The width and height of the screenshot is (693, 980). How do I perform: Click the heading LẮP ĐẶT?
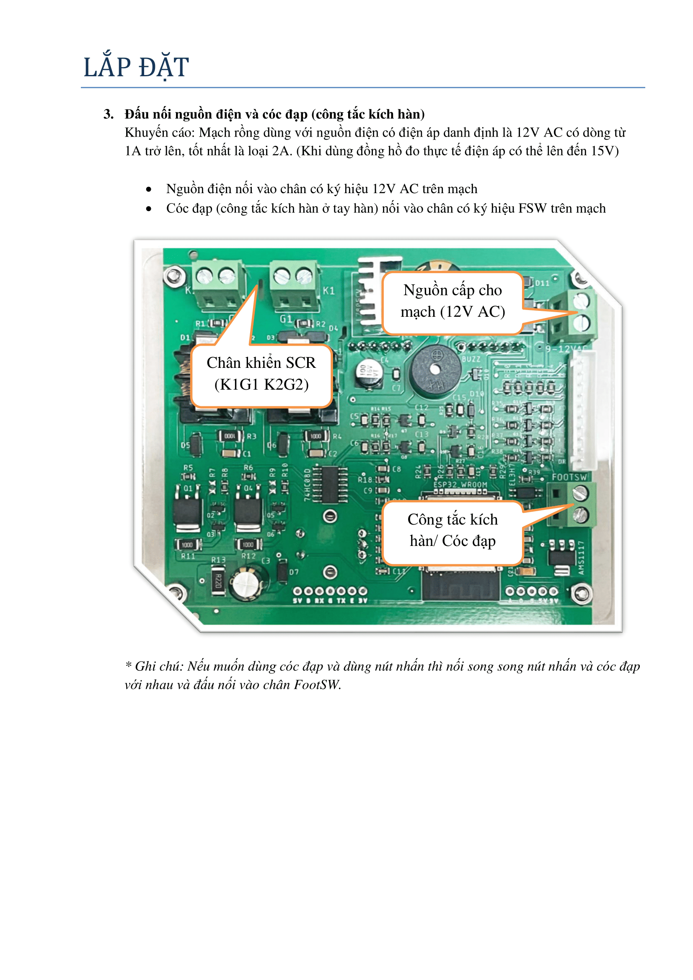tap(136, 67)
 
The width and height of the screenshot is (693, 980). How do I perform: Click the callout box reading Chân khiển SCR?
tap(261, 374)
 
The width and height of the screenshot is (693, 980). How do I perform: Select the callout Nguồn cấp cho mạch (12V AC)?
tap(453, 301)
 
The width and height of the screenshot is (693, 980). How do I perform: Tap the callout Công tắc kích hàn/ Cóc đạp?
tap(453, 530)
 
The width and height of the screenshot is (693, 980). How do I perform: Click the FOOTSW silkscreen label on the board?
tap(569, 477)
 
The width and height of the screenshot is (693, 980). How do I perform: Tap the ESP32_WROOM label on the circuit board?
tap(460, 485)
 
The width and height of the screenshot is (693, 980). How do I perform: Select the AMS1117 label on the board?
tap(581, 557)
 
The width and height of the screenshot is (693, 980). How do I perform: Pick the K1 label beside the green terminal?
tap(328, 291)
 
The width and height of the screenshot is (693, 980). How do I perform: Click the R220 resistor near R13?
tap(218, 580)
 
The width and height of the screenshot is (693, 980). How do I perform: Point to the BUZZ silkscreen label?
tap(471, 359)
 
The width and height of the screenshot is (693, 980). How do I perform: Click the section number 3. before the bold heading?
tap(109, 114)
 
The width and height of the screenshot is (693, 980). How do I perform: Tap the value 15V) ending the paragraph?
tap(605, 151)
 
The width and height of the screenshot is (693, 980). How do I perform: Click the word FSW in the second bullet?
tap(532, 208)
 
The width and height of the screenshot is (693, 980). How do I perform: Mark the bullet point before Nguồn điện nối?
tap(148, 189)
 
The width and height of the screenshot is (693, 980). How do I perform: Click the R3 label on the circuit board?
tap(252, 436)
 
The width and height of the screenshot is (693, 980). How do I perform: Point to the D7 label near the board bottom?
tap(294, 572)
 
